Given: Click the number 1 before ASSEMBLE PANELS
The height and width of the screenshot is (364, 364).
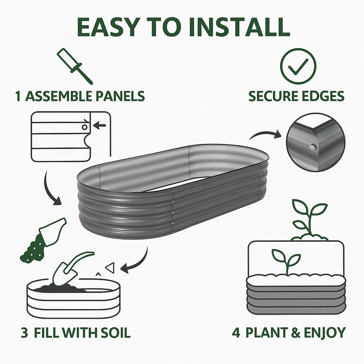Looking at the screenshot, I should point(19,96).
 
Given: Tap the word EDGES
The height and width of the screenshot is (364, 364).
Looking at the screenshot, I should point(324,96).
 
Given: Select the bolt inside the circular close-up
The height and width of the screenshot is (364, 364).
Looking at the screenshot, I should point(312,148).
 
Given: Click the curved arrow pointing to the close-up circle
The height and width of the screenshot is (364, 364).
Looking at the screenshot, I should point(265,135).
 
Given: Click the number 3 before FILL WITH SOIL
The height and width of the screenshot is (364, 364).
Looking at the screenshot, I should point(25,332).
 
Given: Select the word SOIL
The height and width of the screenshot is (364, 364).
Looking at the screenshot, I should point(115,332).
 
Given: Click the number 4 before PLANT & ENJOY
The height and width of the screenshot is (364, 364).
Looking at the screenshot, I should point(236,332).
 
